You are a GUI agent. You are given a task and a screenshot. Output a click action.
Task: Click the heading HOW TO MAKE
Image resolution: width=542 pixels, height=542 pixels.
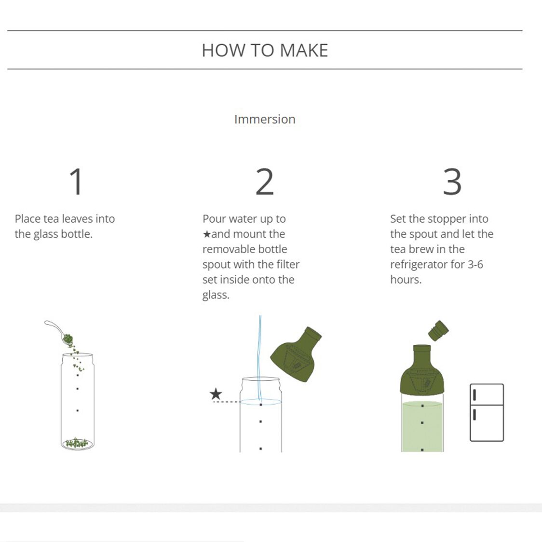[x=265, y=50]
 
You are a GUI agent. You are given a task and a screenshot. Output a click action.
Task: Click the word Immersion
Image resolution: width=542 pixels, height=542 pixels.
[x=265, y=119]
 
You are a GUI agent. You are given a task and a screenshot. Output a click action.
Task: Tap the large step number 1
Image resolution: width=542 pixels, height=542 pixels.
[x=77, y=182]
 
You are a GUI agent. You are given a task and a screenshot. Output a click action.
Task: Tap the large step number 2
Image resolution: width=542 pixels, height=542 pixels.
[x=264, y=182]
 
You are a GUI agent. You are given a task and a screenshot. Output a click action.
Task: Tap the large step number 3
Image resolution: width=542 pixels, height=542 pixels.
[x=452, y=182]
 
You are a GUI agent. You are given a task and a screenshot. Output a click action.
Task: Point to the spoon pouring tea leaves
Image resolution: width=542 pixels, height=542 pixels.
[x=58, y=332]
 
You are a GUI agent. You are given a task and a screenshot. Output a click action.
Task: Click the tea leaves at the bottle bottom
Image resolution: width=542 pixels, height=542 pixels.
[x=77, y=442]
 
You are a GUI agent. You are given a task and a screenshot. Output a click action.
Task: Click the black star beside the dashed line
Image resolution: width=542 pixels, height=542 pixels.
[x=216, y=394]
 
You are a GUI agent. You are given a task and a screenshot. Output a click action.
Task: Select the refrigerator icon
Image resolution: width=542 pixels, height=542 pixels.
[x=487, y=412]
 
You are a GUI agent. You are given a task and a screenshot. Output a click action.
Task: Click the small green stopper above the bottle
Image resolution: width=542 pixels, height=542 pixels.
[x=438, y=331]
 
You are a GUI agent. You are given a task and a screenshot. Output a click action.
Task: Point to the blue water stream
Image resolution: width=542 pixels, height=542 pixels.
[x=260, y=357]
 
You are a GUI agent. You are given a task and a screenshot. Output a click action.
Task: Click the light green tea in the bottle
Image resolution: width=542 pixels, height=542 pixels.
[x=422, y=427]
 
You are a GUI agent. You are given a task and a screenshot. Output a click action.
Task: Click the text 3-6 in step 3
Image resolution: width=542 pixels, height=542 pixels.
[x=475, y=264]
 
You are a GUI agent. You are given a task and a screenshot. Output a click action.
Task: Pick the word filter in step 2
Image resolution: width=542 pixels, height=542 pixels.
[x=288, y=264]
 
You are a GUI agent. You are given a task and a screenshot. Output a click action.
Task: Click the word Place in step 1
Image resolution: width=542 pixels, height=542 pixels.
[x=27, y=218]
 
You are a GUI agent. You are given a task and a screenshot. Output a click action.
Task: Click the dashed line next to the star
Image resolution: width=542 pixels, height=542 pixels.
[x=226, y=402]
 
